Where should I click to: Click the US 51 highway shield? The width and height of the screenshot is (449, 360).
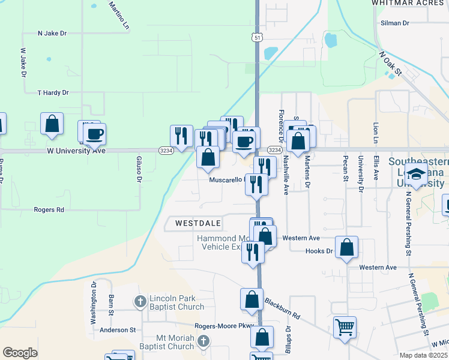point(258,37)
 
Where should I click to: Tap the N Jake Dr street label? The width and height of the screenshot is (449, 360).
point(51,33)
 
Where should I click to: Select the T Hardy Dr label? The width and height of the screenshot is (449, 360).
point(53,93)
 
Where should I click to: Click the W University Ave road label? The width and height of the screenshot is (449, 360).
point(76,151)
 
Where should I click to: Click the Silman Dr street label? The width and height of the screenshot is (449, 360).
point(394,23)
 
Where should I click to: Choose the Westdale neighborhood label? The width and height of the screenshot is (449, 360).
point(198,223)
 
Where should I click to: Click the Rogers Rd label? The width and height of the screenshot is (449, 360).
point(49,210)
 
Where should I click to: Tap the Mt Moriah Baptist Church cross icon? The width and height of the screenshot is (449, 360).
point(203,341)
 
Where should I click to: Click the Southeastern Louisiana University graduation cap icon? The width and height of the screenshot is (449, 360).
point(415,175)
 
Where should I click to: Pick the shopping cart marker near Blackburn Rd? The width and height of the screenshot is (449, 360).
point(345,328)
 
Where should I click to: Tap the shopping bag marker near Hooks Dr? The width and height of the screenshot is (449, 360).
point(346,247)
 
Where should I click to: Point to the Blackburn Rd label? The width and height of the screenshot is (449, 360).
point(282,308)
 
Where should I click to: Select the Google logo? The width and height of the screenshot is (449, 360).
point(20,353)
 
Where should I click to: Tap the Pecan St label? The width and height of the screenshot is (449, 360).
point(345,169)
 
